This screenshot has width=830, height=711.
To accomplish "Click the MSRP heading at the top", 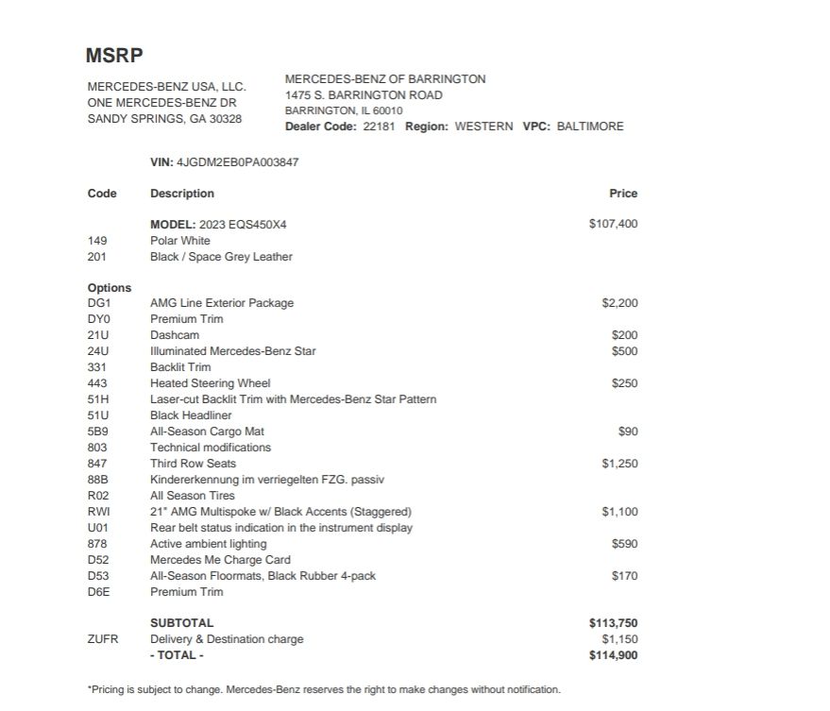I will coord(114,55).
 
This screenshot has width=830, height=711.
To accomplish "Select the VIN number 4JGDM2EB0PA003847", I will coord(237,162).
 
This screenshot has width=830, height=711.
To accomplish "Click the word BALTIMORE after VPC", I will coord(590,127).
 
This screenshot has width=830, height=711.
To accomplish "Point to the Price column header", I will coord(623,194).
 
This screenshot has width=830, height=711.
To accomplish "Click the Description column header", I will coord(182,194).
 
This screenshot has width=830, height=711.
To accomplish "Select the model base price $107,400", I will coord(613,225).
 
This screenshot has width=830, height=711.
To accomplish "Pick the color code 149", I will coord(97,241).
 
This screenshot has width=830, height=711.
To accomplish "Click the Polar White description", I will coord(180,241).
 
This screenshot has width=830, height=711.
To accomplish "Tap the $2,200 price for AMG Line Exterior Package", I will coord(619,303).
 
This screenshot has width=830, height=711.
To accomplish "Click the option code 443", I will coord(97,383).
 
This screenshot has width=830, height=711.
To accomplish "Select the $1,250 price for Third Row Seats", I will coord(619,464).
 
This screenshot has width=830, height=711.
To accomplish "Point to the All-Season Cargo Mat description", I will coord(207,432).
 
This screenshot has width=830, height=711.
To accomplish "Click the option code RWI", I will coord(99,512).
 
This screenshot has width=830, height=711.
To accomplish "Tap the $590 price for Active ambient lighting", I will coord(624,544).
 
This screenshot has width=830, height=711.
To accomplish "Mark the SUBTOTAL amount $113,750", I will coord(613,623).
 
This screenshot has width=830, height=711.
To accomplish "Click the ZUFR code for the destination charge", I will coord(103,639).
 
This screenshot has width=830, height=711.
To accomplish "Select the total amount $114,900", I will coord(613,655).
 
